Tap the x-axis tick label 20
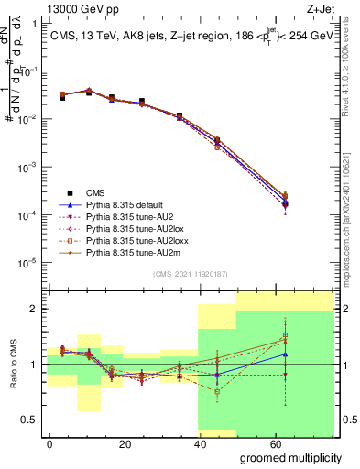(122, 442)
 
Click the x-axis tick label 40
(196, 442)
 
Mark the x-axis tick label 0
(49, 442)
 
